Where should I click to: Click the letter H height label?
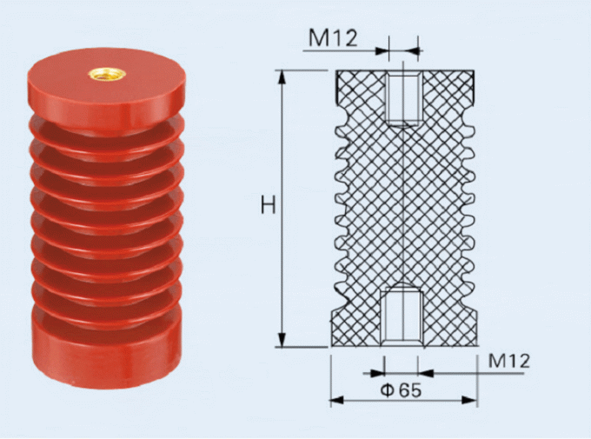[x=269, y=206]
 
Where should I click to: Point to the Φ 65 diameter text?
[x=401, y=390]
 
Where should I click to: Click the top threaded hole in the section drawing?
[x=403, y=99]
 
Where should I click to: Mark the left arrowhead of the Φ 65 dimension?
[x=335, y=401]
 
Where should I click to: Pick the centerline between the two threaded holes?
[x=403, y=209]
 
